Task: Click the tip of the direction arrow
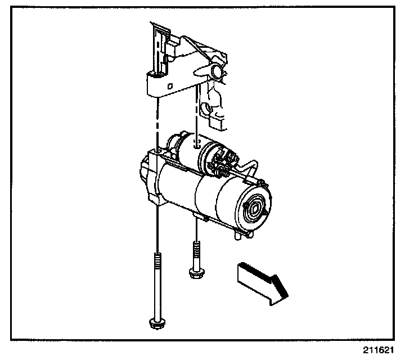coord(287,293)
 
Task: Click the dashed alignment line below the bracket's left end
coord(158,121)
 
